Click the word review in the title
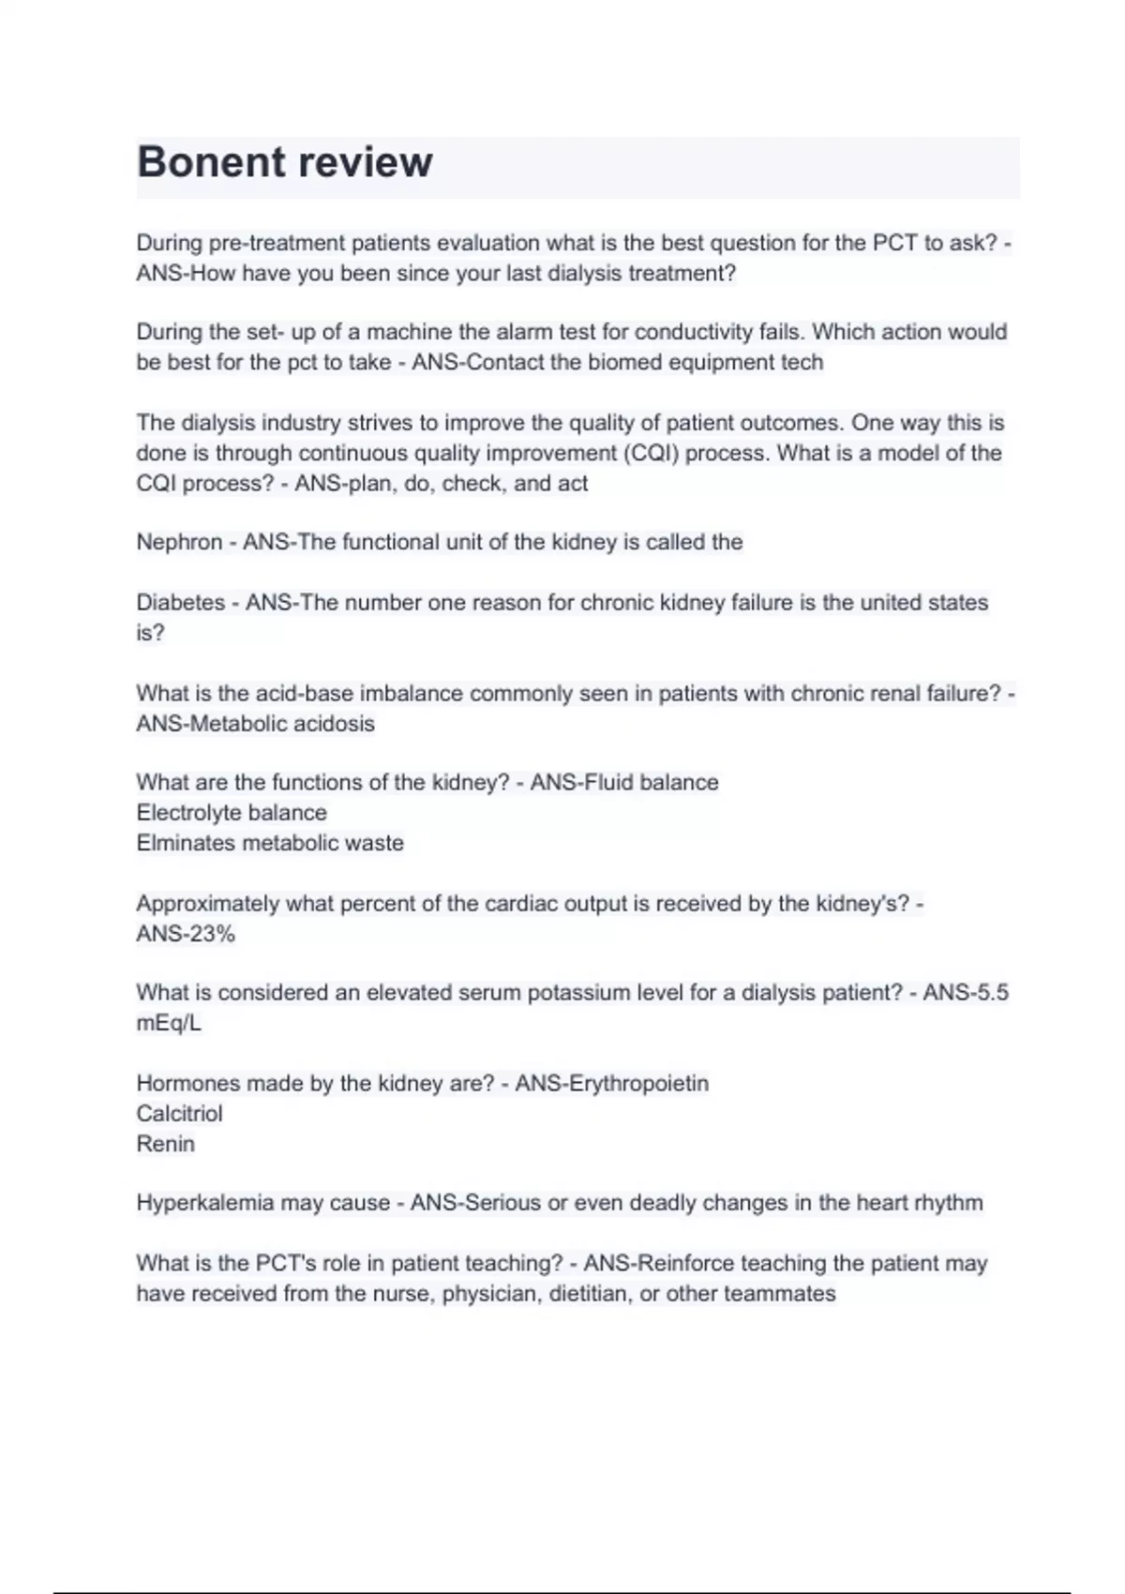point(364,162)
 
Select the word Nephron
point(179,542)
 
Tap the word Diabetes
point(180,602)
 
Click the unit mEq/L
point(169,1023)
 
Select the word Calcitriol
point(179,1114)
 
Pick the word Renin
point(165,1144)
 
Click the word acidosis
point(334,724)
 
